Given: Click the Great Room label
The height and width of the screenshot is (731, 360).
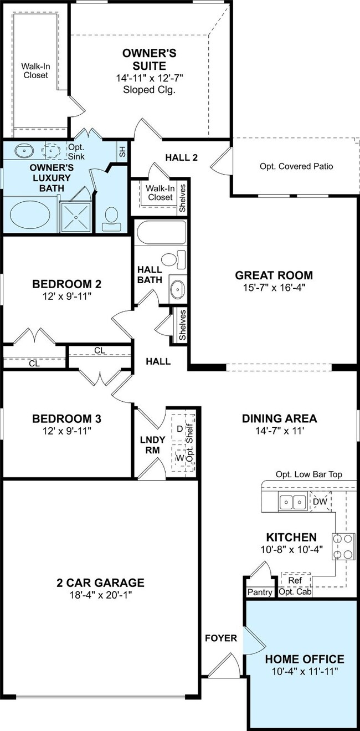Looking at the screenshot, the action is coord(274,275).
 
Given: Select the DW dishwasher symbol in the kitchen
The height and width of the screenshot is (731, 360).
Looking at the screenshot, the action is coord(320,502).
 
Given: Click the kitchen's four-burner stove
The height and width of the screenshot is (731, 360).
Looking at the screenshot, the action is coord(343,546).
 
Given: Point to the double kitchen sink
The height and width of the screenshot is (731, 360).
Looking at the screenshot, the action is coord(292,501).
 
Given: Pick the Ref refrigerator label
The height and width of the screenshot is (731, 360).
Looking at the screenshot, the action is coord(295,580).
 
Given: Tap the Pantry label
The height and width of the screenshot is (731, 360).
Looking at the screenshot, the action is coord(260,592).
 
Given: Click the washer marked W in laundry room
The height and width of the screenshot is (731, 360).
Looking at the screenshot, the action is coord(179,458).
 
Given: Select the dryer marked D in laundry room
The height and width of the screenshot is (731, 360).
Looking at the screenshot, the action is coord(179,429).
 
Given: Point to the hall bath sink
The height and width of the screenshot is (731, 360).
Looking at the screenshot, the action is coord(178,289).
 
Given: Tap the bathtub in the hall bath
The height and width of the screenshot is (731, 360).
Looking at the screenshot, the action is coord(161,232).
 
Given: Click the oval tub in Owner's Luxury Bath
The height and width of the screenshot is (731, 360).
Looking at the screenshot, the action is coord(30,214).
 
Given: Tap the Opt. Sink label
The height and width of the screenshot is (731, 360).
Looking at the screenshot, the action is coord(76,152).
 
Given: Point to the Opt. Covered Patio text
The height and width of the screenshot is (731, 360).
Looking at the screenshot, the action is coord(296,166).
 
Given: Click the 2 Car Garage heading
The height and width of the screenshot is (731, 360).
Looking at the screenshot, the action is coord(100,582).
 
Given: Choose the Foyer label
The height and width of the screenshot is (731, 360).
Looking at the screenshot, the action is coord(221,638).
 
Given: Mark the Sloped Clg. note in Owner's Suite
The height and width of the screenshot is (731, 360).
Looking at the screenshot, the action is coord(150,90).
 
